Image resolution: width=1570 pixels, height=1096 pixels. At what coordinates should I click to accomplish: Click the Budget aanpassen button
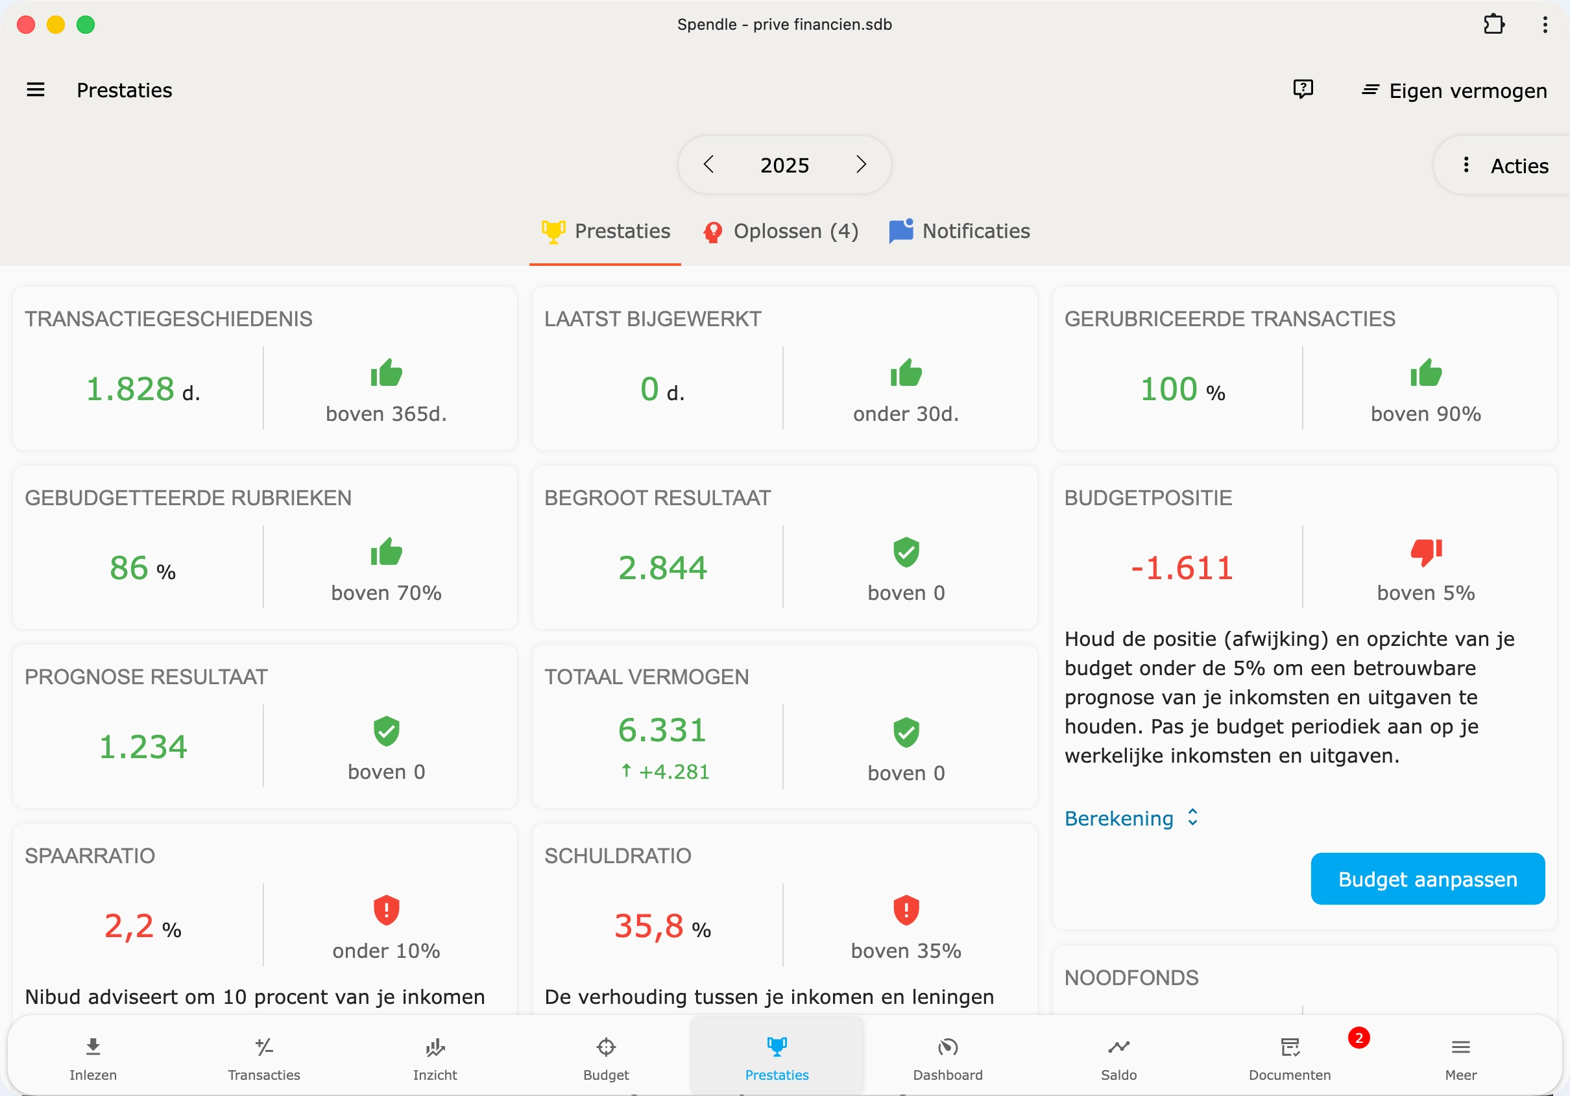[x=1427, y=879]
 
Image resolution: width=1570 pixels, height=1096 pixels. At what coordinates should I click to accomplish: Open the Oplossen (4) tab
[x=781, y=232]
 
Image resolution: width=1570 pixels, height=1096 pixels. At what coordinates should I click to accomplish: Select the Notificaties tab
[x=960, y=232]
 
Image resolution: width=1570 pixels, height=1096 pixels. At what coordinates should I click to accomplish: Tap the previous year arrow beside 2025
[x=708, y=165]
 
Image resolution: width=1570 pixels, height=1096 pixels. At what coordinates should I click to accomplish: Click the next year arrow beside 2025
[x=861, y=165]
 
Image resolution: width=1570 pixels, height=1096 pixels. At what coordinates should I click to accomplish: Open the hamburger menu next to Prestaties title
[x=36, y=90]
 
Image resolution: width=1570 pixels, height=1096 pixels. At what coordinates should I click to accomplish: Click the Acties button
[x=1506, y=165]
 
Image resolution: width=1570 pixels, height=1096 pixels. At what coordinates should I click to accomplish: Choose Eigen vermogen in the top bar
[x=1454, y=91]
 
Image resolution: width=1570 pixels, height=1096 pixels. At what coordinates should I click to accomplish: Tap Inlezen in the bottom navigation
[x=93, y=1058]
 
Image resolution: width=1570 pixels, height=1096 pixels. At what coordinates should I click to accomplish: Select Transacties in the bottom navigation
[x=264, y=1058]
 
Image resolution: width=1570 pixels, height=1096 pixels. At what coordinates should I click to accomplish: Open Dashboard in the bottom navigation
[x=948, y=1058]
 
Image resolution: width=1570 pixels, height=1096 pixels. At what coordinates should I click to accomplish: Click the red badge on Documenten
[x=1358, y=1038]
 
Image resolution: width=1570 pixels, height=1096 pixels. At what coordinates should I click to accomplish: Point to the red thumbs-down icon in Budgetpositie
[x=1426, y=552]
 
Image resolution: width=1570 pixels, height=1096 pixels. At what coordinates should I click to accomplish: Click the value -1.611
[x=1181, y=568]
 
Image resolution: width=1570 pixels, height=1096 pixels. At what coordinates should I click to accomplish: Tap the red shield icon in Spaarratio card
[x=387, y=910]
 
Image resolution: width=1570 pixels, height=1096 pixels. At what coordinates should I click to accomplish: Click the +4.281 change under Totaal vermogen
[x=664, y=772]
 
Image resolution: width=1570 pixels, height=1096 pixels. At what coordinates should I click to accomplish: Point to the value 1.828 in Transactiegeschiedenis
[x=130, y=389]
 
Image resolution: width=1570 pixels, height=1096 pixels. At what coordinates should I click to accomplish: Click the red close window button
[x=26, y=25]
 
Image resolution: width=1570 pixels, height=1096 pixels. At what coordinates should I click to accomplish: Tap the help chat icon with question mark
[x=1303, y=89]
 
